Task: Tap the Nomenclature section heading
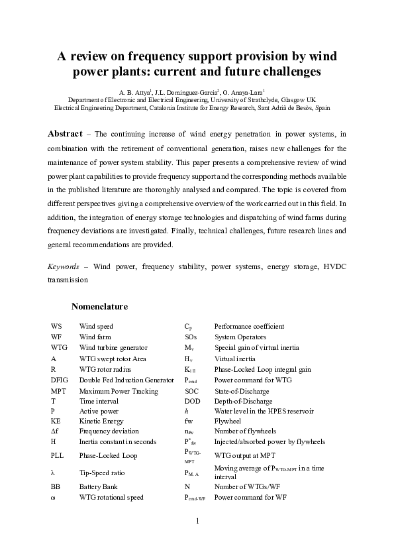point(99,307)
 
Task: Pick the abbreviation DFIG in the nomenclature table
point(59,380)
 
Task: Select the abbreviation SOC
point(191,390)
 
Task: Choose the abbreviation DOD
point(192,401)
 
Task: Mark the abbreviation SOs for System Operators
point(190,337)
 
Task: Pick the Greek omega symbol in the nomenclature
point(53,497)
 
